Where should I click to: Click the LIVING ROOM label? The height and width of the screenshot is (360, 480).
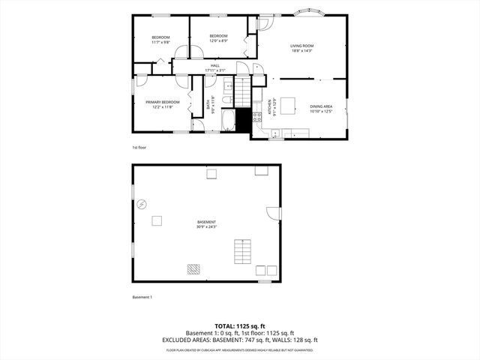[x=302, y=46]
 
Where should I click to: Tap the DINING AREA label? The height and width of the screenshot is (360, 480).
[x=321, y=106]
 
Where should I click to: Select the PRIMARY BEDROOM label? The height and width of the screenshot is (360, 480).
[x=163, y=102]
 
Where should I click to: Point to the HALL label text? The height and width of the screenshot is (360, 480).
[x=214, y=66]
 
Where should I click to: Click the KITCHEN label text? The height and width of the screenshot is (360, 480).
[x=269, y=109]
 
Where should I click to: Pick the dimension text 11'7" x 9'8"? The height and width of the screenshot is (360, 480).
[x=161, y=43]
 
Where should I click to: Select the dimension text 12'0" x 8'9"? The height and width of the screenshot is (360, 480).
[x=218, y=41]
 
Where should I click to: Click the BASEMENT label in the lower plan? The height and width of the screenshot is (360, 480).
[x=206, y=222]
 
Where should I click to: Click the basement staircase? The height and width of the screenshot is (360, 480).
[x=242, y=249]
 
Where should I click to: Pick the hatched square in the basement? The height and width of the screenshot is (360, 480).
[x=194, y=269]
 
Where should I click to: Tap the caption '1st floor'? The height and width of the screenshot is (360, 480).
[x=139, y=148]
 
